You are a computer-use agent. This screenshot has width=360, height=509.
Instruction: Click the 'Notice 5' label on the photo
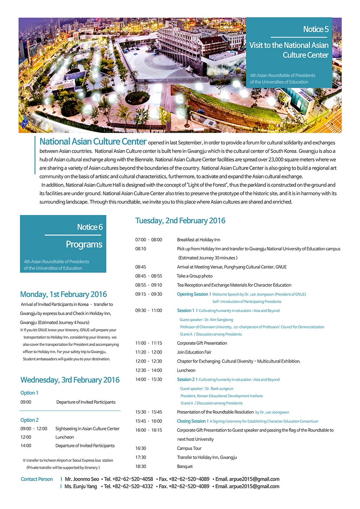(x=316, y=29)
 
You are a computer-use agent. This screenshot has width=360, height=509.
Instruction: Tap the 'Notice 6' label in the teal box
(x=90, y=227)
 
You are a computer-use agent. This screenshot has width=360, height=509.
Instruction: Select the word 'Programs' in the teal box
(x=84, y=244)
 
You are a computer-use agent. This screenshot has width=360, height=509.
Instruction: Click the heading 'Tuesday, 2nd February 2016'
(x=180, y=220)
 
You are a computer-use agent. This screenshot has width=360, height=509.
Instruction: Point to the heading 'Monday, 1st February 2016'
(x=63, y=294)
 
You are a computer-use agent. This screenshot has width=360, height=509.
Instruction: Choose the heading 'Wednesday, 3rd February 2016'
(x=70, y=380)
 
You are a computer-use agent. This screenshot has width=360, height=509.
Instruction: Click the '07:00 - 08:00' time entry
(x=148, y=240)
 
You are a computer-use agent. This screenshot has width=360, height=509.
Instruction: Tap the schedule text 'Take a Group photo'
(x=195, y=276)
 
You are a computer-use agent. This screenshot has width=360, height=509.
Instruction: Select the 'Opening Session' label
(x=192, y=294)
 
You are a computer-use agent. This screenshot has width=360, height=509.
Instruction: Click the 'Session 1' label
(x=185, y=310)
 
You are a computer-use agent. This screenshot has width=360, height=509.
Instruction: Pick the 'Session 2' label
(x=185, y=379)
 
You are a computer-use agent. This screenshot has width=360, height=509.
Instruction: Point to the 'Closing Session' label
(x=191, y=421)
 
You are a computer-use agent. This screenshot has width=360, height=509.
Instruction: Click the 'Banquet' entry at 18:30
(x=185, y=467)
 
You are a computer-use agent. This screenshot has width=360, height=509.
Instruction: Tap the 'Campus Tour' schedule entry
(x=189, y=448)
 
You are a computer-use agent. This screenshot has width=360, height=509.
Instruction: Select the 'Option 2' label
(x=29, y=420)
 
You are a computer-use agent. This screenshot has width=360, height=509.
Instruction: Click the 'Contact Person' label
(x=37, y=479)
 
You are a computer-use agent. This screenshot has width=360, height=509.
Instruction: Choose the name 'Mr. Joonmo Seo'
(x=82, y=479)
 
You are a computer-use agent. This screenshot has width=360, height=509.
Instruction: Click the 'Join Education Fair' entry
(x=194, y=352)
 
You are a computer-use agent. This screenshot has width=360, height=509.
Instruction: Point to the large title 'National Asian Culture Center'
(x=93, y=142)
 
